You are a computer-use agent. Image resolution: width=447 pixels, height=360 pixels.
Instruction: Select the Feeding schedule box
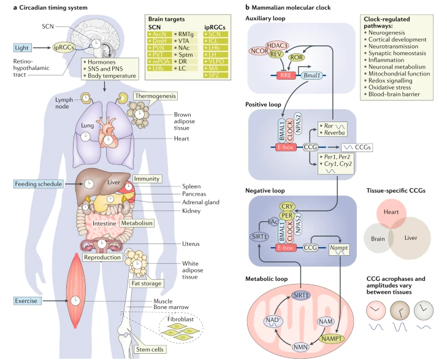click(39, 183)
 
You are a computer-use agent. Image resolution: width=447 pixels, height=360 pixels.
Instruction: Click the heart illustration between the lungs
click(108, 131)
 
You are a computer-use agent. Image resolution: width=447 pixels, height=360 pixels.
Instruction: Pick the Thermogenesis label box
click(156, 96)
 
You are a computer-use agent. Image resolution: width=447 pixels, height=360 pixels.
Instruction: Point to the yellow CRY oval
click(286, 207)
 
